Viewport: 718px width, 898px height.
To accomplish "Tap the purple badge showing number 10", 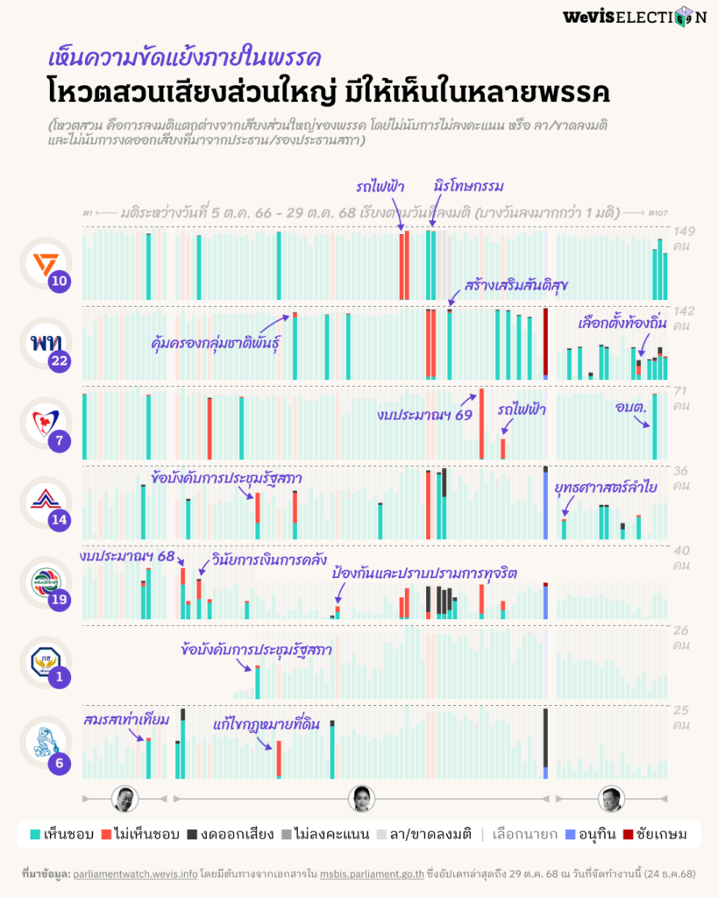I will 59,282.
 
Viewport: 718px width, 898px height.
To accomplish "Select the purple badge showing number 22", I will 59,360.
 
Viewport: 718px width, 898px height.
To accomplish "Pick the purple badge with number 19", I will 59,600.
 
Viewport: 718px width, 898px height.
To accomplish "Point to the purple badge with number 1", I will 59,677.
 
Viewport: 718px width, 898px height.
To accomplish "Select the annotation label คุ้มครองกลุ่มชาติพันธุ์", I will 216,340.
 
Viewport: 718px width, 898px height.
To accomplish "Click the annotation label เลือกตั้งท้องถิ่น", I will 622,324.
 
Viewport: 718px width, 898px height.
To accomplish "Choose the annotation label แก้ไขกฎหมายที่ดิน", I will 266,724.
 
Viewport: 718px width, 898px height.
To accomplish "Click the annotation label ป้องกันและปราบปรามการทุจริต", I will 424,572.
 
